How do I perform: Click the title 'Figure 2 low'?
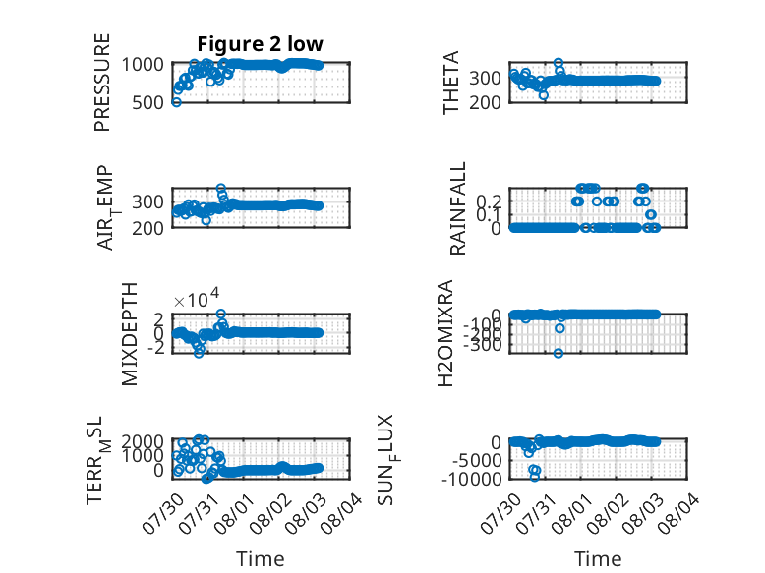260,44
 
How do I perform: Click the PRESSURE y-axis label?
102,83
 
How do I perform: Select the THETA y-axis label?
451,83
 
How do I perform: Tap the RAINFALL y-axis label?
458,208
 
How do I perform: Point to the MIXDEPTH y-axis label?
130,334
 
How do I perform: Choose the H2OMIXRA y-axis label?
445,333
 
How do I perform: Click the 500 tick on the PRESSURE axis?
148,103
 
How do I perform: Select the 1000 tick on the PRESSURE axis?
143,64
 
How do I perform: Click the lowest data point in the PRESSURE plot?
176,102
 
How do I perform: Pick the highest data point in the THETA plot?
559,63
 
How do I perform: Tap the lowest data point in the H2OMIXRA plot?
559,353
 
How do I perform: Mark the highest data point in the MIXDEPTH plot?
221,314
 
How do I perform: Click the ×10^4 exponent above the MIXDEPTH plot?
197,298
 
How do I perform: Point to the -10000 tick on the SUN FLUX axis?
472,479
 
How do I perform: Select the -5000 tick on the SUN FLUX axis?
477,460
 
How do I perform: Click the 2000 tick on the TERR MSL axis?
143,442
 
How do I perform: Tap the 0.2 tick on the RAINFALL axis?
489,201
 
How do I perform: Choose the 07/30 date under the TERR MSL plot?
163,514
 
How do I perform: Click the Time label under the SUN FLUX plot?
598,559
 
